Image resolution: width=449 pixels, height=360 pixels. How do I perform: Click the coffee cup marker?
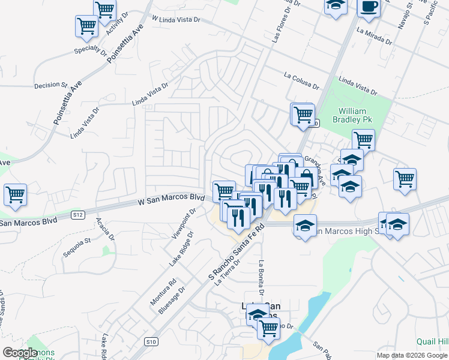coord(368,7)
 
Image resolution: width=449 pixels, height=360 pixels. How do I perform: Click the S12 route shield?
coord(77,214)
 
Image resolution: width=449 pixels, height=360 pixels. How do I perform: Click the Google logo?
coord(20,353)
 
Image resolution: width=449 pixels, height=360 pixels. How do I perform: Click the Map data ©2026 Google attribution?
coord(412,355)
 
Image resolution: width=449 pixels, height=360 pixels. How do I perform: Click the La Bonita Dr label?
coord(261,280)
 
